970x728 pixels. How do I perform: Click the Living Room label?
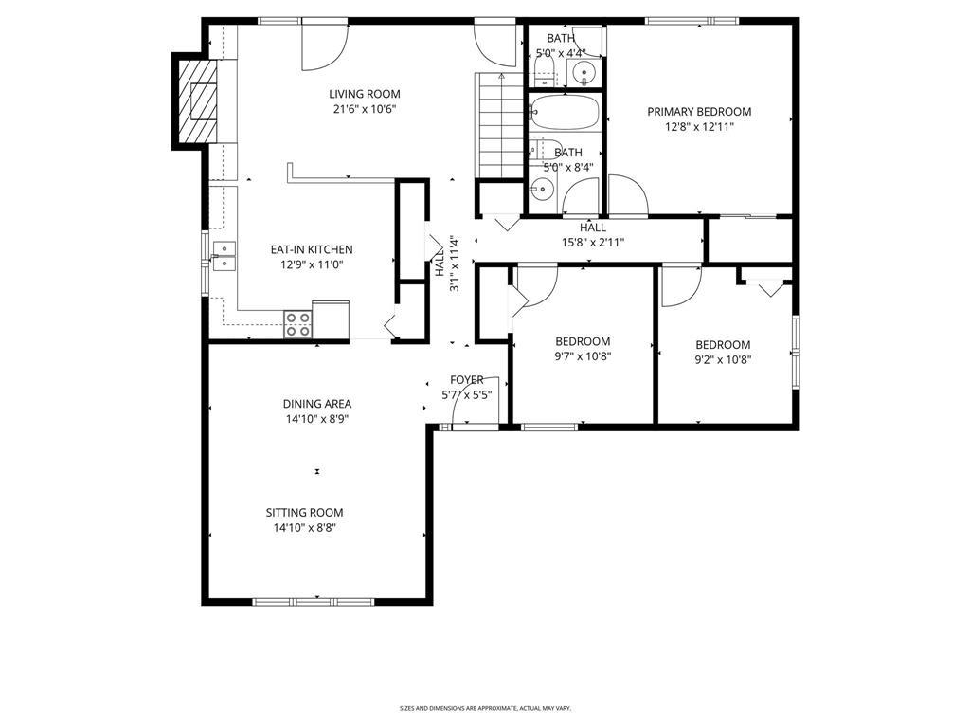[x=365, y=94]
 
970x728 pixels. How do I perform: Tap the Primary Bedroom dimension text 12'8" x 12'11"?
[x=699, y=128]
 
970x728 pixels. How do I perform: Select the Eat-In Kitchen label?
[x=312, y=249]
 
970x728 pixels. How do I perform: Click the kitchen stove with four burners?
[x=297, y=324]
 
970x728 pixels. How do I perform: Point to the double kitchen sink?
[x=224, y=256]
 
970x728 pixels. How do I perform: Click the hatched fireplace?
[x=197, y=100]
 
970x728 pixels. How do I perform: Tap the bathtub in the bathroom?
[x=565, y=112]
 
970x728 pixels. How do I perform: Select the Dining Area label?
[x=317, y=404]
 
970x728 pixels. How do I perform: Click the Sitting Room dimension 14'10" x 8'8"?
[x=304, y=528]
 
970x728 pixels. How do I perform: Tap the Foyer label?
[x=466, y=380]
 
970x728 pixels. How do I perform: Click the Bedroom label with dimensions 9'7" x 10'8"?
[x=583, y=341]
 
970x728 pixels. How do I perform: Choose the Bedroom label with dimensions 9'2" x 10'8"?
[x=723, y=345]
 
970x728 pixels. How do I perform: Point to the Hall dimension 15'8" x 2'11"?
[x=593, y=243]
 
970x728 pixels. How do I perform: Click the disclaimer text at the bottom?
[x=485, y=707]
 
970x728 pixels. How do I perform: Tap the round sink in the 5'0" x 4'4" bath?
[x=584, y=73]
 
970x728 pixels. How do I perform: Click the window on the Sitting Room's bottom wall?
[x=313, y=602]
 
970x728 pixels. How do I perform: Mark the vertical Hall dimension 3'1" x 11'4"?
[x=448, y=264]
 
